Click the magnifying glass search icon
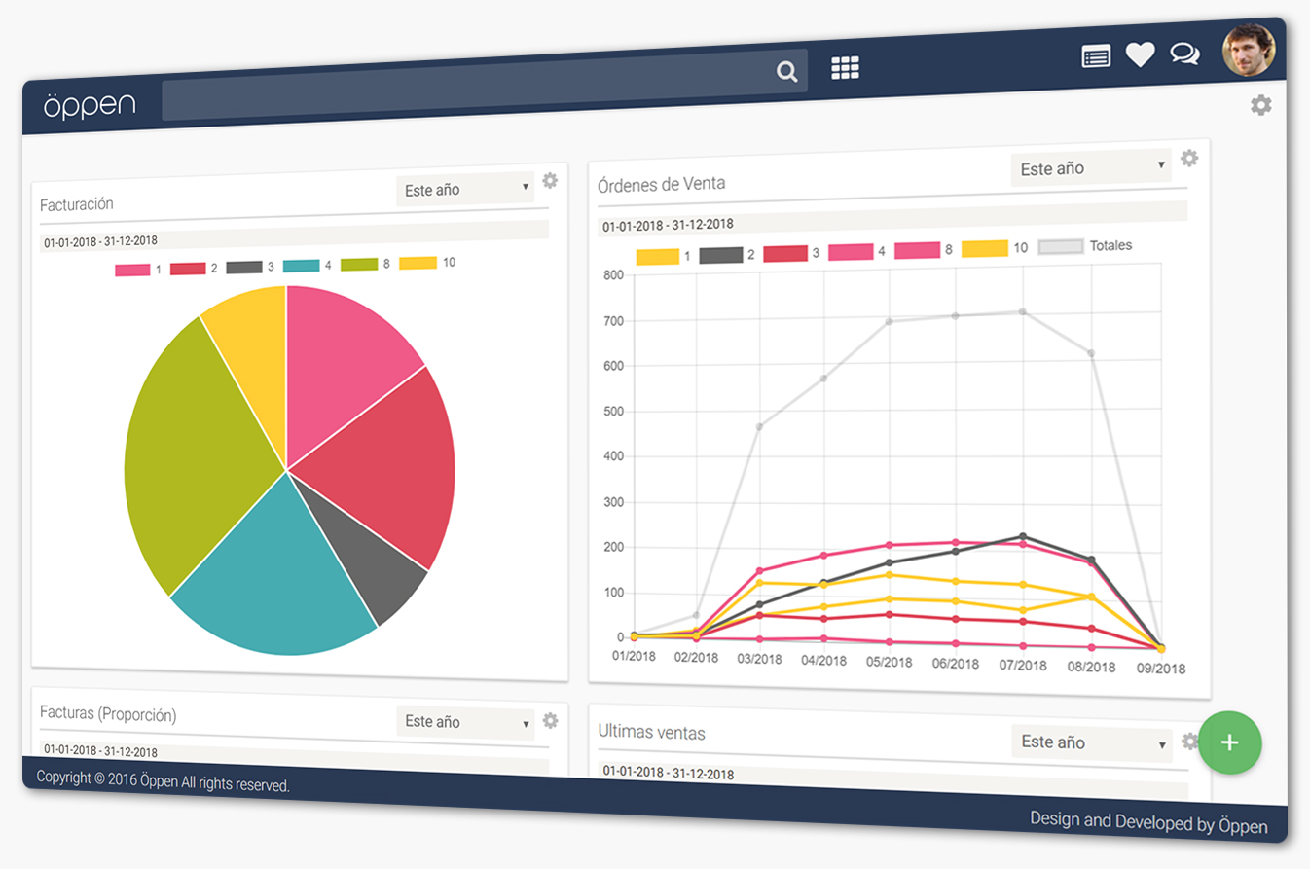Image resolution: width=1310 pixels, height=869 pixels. coord(786,71)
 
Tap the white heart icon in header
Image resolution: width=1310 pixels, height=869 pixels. coord(1140,55)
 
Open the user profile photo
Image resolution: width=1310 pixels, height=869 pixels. coord(1248,50)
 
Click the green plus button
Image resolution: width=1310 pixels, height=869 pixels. coord(1229,743)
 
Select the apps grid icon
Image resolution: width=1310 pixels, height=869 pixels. coord(845,68)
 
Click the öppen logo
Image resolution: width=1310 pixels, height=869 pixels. coord(90,104)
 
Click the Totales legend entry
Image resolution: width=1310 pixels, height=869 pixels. coord(1085,246)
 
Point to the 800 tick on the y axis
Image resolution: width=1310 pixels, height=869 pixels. coord(613,275)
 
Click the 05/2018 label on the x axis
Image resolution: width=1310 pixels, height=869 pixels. coord(889,662)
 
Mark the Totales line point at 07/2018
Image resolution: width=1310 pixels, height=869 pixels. coord(1022,311)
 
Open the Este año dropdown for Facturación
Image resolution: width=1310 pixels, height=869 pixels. coord(466,189)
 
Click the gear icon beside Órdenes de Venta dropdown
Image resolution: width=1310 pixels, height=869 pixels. coord(1189,158)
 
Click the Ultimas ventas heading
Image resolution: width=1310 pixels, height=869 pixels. coord(651,731)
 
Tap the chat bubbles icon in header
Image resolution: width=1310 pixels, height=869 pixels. coord(1184,54)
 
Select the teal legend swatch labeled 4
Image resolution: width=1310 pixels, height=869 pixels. coord(302,266)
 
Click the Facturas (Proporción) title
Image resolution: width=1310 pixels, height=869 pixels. coord(108,713)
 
